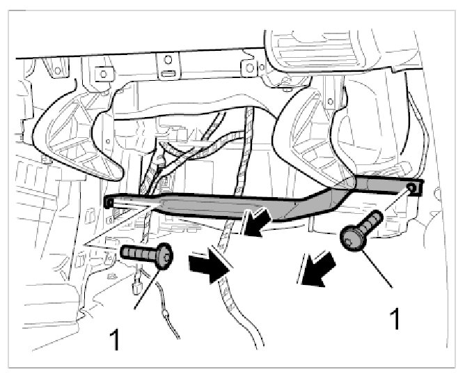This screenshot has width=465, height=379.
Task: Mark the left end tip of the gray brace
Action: pyautogui.click(x=108, y=201)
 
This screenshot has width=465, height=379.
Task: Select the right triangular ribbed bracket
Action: pyautogui.click(x=314, y=132)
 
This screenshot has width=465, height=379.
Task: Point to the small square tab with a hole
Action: pyautogui.click(x=246, y=68)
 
